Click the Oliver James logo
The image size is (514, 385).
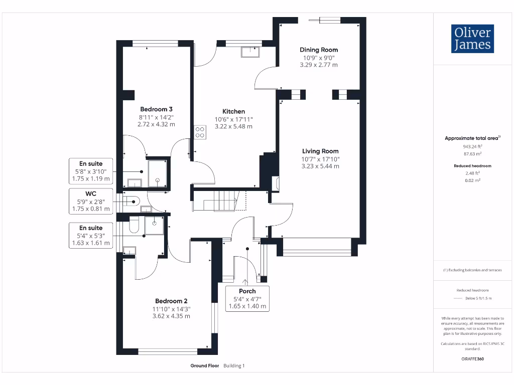click(472, 39)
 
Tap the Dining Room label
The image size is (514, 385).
click(319, 50)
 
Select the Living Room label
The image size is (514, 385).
click(320, 151)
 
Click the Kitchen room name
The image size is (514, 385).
click(233, 111)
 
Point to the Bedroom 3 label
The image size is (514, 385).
click(157, 109)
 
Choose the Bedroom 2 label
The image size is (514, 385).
click(171, 301)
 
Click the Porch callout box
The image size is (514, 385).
click(247, 298)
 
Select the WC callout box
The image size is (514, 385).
click(91, 200)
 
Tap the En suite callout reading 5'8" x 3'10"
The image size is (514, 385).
click(91, 171)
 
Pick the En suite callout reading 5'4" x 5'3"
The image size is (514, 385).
click(91, 236)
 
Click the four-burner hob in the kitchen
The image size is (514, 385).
click(199, 132)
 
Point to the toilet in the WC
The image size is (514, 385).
click(132, 202)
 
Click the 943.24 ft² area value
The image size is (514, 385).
click(472, 147)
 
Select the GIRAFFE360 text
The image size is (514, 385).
click(472, 359)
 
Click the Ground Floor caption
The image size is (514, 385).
click(204, 366)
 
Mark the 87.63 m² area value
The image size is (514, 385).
click(472, 154)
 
